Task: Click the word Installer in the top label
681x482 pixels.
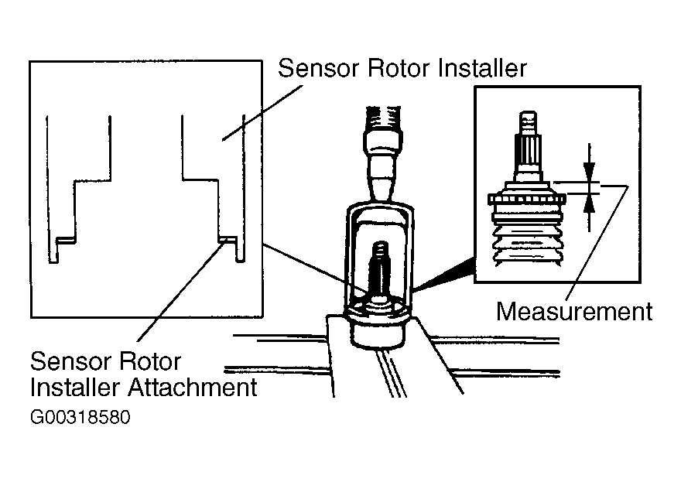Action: point(482,68)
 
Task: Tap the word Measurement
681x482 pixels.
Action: point(574,311)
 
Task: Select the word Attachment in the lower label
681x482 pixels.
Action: point(193,387)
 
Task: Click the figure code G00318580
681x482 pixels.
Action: point(80,417)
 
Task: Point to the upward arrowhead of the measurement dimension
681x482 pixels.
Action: point(589,204)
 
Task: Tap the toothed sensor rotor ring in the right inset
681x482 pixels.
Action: point(527,199)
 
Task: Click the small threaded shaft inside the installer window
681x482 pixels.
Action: point(379,269)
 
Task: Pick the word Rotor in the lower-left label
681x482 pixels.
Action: point(149,361)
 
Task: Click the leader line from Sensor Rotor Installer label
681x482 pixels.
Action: point(262,113)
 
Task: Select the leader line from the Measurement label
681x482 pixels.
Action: point(598,241)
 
